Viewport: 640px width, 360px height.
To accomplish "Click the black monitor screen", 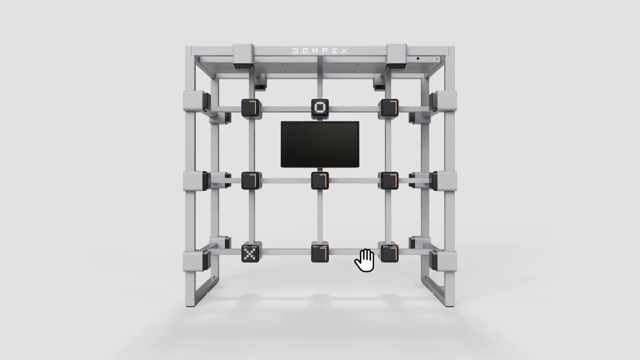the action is click(x=320, y=144).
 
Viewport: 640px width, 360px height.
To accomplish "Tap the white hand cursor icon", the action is click(x=364, y=260).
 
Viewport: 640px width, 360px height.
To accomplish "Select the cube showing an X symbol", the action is click(x=250, y=253).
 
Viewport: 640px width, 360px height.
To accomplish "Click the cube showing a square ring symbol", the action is click(x=320, y=107).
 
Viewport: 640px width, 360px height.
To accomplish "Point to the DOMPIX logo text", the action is click(x=320, y=51).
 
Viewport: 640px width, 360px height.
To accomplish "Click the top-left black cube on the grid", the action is click(x=250, y=107).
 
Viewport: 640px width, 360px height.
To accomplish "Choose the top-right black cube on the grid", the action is click(x=389, y=107).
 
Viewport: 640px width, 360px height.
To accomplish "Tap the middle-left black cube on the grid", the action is click(x=250, y=180).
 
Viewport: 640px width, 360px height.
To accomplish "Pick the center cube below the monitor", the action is click(x=320, y=180).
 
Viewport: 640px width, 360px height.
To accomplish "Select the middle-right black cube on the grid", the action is click(x=389, y=180).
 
